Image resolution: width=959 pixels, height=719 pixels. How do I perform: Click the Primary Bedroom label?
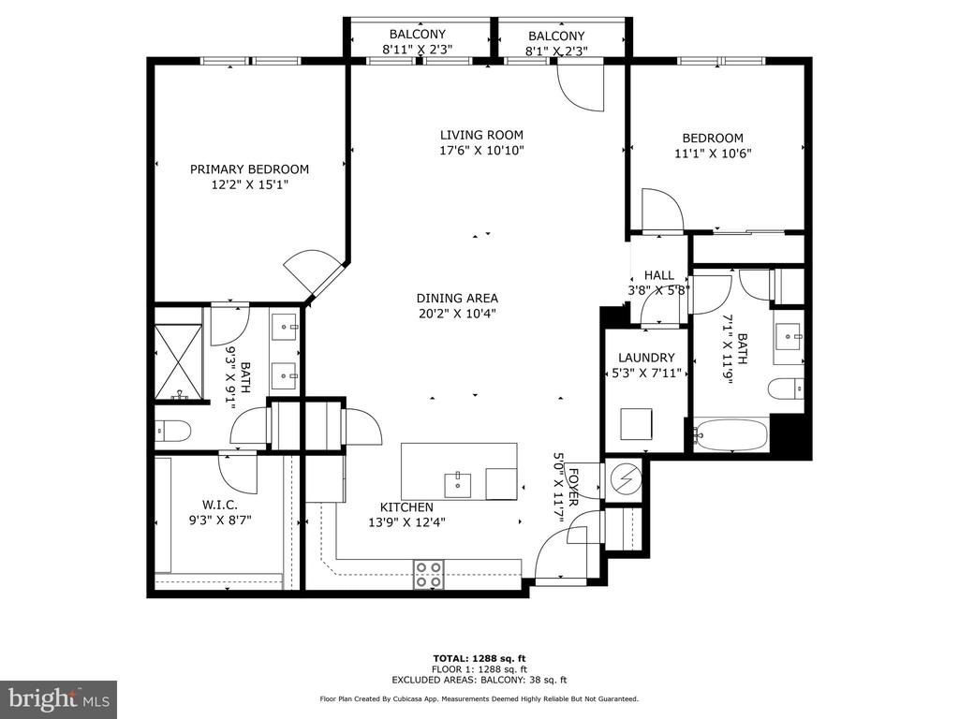[249, 169]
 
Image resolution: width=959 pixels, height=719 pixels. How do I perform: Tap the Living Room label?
[481, 135]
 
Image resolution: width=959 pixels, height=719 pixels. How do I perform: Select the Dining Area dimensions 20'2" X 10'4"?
[457, 314]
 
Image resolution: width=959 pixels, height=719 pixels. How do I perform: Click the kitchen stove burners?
[428, 575]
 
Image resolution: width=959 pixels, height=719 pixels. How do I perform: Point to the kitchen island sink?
[457, 485]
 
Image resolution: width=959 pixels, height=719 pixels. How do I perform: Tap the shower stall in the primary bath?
[179, 362]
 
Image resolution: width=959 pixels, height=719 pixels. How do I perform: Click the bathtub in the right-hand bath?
[730, 434]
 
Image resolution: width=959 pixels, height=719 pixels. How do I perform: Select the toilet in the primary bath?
[173, 432]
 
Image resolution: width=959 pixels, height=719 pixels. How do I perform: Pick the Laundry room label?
[646, 358]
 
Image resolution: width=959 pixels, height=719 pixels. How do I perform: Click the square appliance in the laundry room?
[636, 424]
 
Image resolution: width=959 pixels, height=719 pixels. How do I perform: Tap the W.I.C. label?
[219, 505]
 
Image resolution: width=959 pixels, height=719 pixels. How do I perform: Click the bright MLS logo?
[59, 698]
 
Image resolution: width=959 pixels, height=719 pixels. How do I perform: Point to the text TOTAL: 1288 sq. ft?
[479, 658]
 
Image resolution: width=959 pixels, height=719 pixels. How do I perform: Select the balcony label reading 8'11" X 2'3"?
[417, 50]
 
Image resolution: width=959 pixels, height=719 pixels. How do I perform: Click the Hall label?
[658, 275]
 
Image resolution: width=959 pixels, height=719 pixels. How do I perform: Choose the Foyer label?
[573, 487]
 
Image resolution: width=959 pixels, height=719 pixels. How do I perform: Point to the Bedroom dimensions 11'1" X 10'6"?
[713, 154]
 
